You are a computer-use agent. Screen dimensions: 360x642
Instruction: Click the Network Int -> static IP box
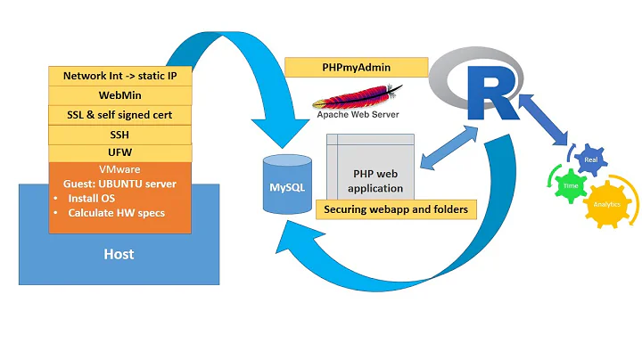click(120, 76)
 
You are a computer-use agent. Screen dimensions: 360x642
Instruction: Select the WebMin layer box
click(120, 95)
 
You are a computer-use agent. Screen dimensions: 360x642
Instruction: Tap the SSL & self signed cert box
click(120, 115)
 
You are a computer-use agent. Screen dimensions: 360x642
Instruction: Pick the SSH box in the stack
click(120, 135)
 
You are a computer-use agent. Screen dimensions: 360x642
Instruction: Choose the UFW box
click(120, 153)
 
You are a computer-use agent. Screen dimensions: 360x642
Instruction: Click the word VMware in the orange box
click(120, 168)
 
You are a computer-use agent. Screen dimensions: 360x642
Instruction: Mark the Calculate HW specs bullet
click(114, 213)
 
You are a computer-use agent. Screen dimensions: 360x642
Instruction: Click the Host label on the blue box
click(119, 255)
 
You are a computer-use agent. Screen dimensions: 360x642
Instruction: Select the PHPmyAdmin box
click(343, 68)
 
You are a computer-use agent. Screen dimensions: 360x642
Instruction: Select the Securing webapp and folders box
click(396, 209)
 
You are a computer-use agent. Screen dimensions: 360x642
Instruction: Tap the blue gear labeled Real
click(590, 161)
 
